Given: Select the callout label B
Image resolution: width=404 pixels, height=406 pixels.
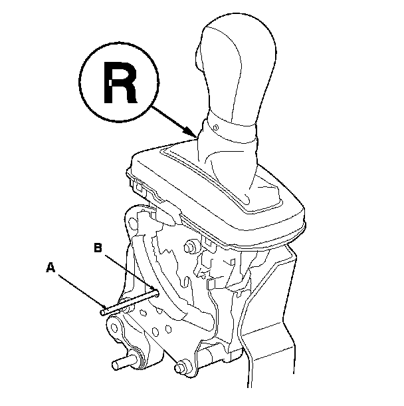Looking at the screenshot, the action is pyautogui.click(x=98, y=248).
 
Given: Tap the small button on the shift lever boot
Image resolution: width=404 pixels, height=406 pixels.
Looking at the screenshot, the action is pyautogui.click(x=217, y=126).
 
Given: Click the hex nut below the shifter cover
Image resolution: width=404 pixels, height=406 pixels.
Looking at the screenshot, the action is pyautogui.click(x=190, y=247).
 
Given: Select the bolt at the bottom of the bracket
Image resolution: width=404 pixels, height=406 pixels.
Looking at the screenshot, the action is pyautogui.click(x=179, y=366).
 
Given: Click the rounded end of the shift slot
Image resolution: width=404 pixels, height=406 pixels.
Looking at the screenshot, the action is pyautogui.click(x=247, y=198).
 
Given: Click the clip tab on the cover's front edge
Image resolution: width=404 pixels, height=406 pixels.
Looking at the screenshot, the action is pyautogui.click(x=169, y=211).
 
